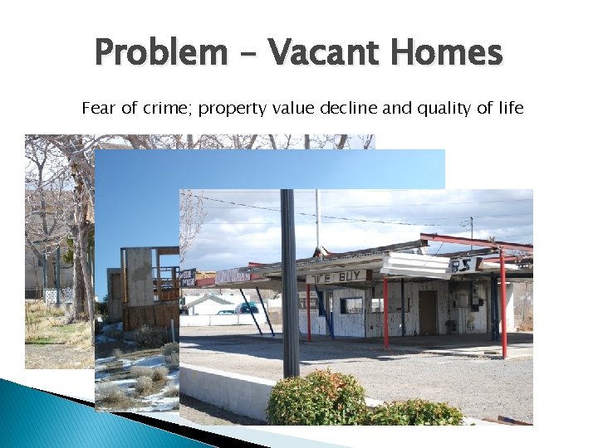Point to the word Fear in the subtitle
tap(96, 108)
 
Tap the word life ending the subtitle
tap(508, 108)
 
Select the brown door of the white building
tap(428, 311)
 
